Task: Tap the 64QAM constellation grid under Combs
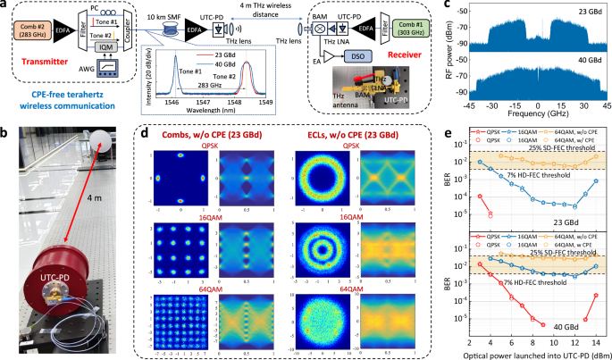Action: coord(180,314)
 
